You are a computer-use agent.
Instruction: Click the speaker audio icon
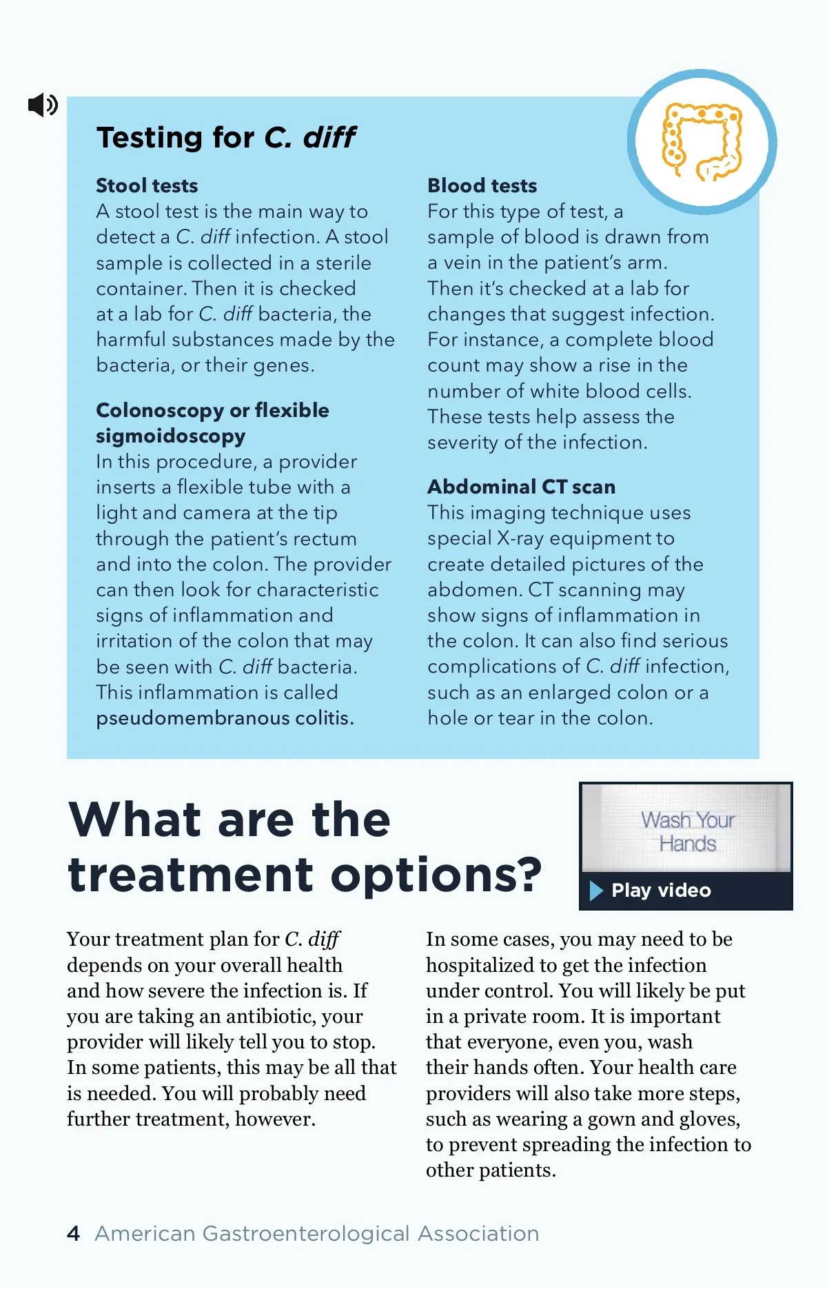tap(43, 105)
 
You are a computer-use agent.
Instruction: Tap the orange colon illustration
tap(702, 142)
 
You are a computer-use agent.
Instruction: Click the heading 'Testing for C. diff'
tap(226, 137)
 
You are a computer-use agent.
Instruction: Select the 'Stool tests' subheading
tap(147, 185)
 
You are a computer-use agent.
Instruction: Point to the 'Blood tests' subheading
tap(482, 185)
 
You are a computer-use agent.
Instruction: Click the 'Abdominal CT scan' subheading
tap(521, 487)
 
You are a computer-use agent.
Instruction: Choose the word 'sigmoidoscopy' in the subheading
tap(170, 436)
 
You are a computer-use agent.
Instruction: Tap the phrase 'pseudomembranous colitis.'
tap(225, 718)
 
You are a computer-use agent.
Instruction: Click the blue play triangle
tap(596, 891)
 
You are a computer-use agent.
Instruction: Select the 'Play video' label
tap(661, 891)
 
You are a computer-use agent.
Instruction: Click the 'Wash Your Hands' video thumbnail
tap(686, 831)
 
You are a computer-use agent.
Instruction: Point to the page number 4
tap(74, 1233)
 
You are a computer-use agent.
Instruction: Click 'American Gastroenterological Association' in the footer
tap(317, 1233)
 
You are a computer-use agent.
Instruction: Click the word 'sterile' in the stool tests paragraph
tap(343, 263)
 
